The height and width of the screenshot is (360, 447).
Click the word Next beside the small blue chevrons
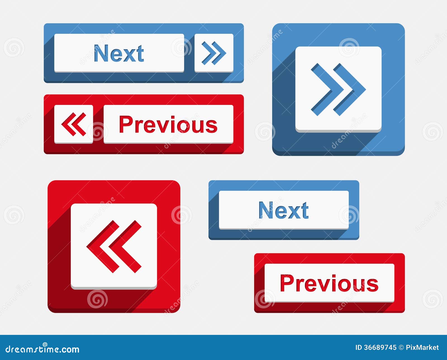tap(119, 53)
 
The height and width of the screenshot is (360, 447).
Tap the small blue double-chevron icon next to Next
tap(214, 53)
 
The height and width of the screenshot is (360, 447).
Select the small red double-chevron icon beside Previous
tap(74, 124)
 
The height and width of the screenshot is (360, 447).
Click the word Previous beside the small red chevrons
tap(168, 124)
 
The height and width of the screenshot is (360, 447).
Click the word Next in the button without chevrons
tap(284, 210)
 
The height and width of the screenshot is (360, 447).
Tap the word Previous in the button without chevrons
tap(329, 283)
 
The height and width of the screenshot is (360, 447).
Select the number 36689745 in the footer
tap(380, 347)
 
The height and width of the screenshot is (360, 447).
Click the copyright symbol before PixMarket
tap(401, 347)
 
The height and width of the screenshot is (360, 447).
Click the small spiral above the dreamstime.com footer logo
tap(45, 345)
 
